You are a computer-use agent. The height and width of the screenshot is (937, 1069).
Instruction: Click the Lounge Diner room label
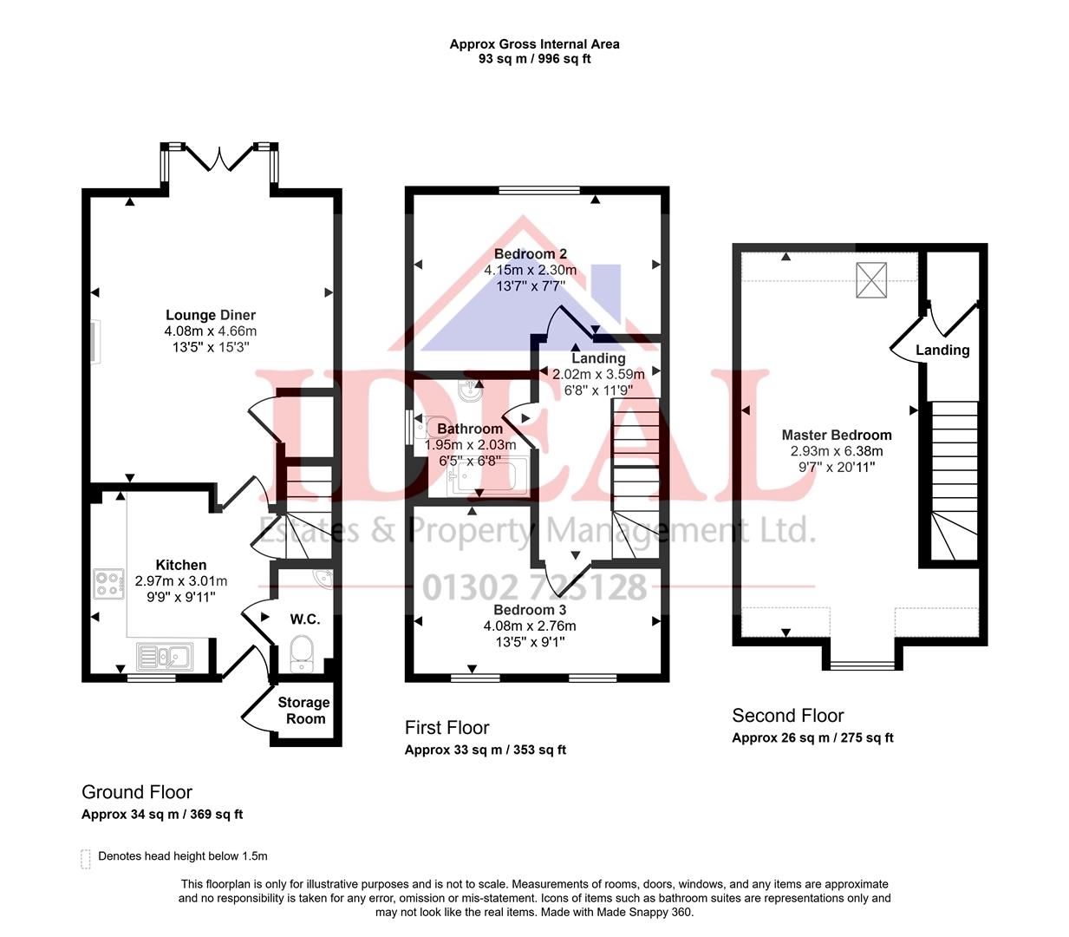tap(211, 315)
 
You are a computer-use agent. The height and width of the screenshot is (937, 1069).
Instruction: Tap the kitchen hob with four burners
tap(108, 584)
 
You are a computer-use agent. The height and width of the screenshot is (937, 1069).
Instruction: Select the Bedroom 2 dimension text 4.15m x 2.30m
tap(530, 270)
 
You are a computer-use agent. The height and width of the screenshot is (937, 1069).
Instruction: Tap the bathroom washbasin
tap(468, 390)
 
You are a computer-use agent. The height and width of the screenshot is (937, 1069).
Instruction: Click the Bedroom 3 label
tap(530, 610)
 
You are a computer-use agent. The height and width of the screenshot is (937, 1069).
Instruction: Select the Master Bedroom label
tap(836, 435)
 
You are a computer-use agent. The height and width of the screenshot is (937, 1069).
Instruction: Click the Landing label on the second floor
tap(942, 350)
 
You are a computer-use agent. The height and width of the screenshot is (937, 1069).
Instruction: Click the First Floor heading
tap(447, 728)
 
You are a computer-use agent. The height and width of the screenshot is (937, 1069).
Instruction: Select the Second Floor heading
tap(787, 716)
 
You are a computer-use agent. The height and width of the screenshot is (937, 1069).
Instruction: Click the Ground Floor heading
tap(137, 792)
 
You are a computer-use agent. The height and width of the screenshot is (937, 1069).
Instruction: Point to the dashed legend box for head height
tap(85, 858)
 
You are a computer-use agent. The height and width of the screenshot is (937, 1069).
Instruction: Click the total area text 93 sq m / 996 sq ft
tap(534, 59)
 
